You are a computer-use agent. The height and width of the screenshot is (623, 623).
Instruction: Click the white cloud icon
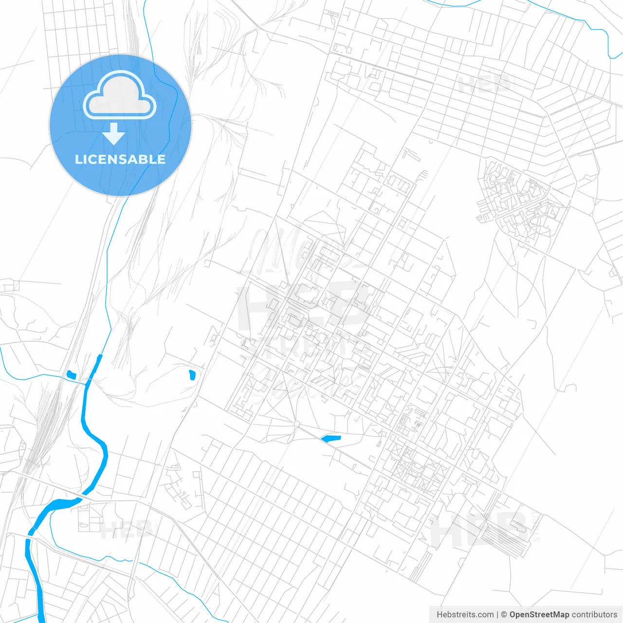click(x=120, y=95)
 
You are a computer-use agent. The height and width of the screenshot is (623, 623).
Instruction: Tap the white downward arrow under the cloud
click(x=114, y=134)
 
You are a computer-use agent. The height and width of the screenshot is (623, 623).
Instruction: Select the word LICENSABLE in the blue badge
click(x=120, y=159)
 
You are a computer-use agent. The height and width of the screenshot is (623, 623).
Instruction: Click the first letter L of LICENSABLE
click(x=78, y=159)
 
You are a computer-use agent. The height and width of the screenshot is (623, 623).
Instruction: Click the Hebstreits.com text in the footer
click(x=465, y=615)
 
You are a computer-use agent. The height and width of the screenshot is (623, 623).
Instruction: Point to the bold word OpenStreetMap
click(x=539, y=615)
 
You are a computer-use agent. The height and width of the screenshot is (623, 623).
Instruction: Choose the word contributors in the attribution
click(x=594, y=615)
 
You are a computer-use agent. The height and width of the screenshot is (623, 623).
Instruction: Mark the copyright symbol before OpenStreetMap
click(x=504, y=615)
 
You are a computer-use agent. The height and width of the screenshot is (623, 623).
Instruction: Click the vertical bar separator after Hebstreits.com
click(x=497, y=615)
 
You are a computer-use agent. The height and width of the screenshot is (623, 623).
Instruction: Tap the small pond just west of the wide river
click(x=72, y=374)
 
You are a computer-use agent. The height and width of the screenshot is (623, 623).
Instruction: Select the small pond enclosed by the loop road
click(x=192, y=375)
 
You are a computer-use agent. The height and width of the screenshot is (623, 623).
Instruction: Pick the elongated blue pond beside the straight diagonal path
click(x=331, y=439)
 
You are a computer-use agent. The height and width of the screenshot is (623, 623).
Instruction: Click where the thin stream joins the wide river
click(x=87, y=384)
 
